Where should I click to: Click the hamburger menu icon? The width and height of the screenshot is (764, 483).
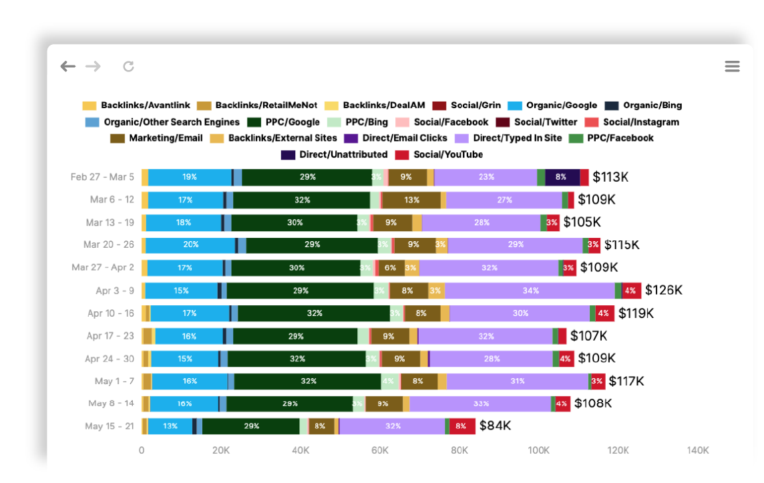(x=732, y=66)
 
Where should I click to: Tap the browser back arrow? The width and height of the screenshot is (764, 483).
(x=67, y=66)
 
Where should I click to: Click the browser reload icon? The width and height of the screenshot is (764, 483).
(x=129, y=66)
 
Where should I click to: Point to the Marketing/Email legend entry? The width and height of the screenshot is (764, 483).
(x=158, y=138)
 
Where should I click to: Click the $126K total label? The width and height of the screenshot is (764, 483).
(x=664, y=291)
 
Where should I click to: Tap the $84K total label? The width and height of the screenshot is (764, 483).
(x=495, y=426)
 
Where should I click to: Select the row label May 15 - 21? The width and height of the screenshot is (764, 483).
(x=110, y=426)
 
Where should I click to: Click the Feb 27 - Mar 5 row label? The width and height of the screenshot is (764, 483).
(x=102, y=177)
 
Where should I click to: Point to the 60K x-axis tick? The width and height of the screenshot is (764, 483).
(x=380, y=451)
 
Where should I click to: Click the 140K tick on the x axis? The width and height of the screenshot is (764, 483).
(x=698, y=451)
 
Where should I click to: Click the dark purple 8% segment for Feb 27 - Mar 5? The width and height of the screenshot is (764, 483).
(x=561, y=177)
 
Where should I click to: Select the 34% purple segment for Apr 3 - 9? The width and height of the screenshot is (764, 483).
(x=530, y=291)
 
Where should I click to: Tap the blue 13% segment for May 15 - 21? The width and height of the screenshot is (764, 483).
(x=170, y=426)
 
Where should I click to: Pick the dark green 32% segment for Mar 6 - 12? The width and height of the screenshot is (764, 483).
(x=302, y=200)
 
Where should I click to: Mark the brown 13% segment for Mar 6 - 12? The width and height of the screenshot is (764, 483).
(x=411, y=200)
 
